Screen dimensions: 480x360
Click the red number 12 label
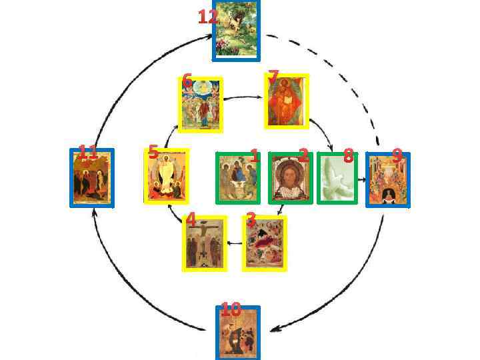207,17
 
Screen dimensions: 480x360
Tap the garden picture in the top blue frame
237,31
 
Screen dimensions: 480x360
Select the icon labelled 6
201,105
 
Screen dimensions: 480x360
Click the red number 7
273,77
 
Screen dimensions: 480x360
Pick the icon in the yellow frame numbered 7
287,101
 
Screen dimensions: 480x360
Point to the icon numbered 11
93,178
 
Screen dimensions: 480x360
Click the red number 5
153,152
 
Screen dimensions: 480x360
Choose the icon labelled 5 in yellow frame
167,177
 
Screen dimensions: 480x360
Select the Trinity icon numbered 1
237,178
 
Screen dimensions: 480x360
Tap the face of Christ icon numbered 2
290,179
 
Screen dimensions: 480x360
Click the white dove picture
337,178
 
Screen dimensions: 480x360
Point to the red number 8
347,157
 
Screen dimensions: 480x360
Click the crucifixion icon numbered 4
204,243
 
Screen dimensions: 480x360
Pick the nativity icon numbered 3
264,244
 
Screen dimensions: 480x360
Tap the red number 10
231,309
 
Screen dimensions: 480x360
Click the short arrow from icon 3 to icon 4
235,243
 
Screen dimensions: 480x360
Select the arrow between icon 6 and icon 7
244,98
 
